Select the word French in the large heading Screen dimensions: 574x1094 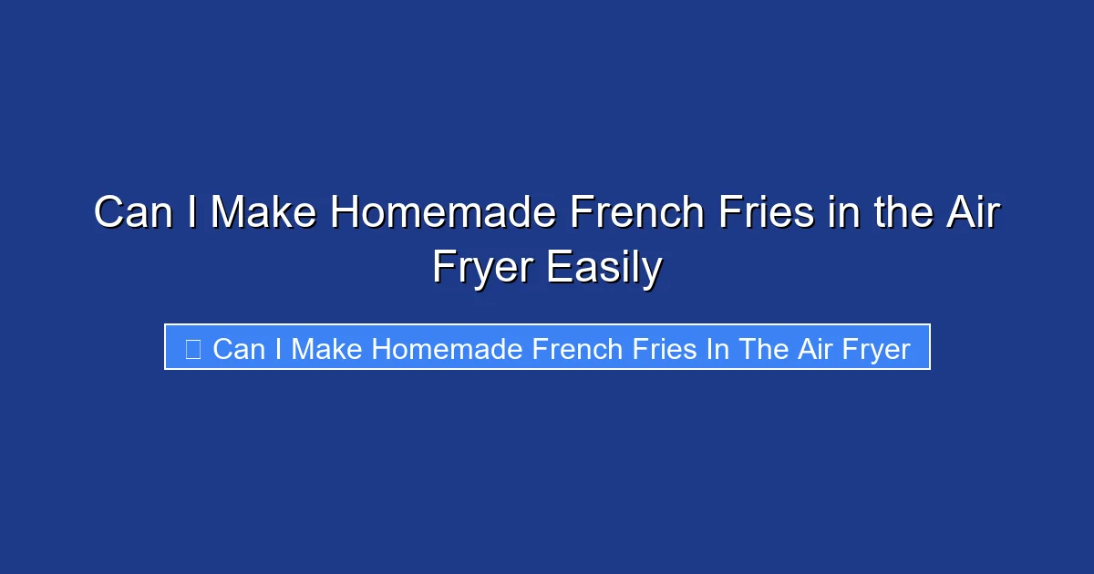tap(631, 213)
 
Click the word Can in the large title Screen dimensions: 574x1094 tap(134, 213)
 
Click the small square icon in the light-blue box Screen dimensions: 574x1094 tap(192, 348)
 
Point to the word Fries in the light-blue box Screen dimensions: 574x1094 tap(674, 348)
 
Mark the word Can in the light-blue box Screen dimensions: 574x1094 tap(239, 348)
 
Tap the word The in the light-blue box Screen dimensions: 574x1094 tap(762, 348)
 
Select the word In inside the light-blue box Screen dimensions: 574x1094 tap(722, 348)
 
